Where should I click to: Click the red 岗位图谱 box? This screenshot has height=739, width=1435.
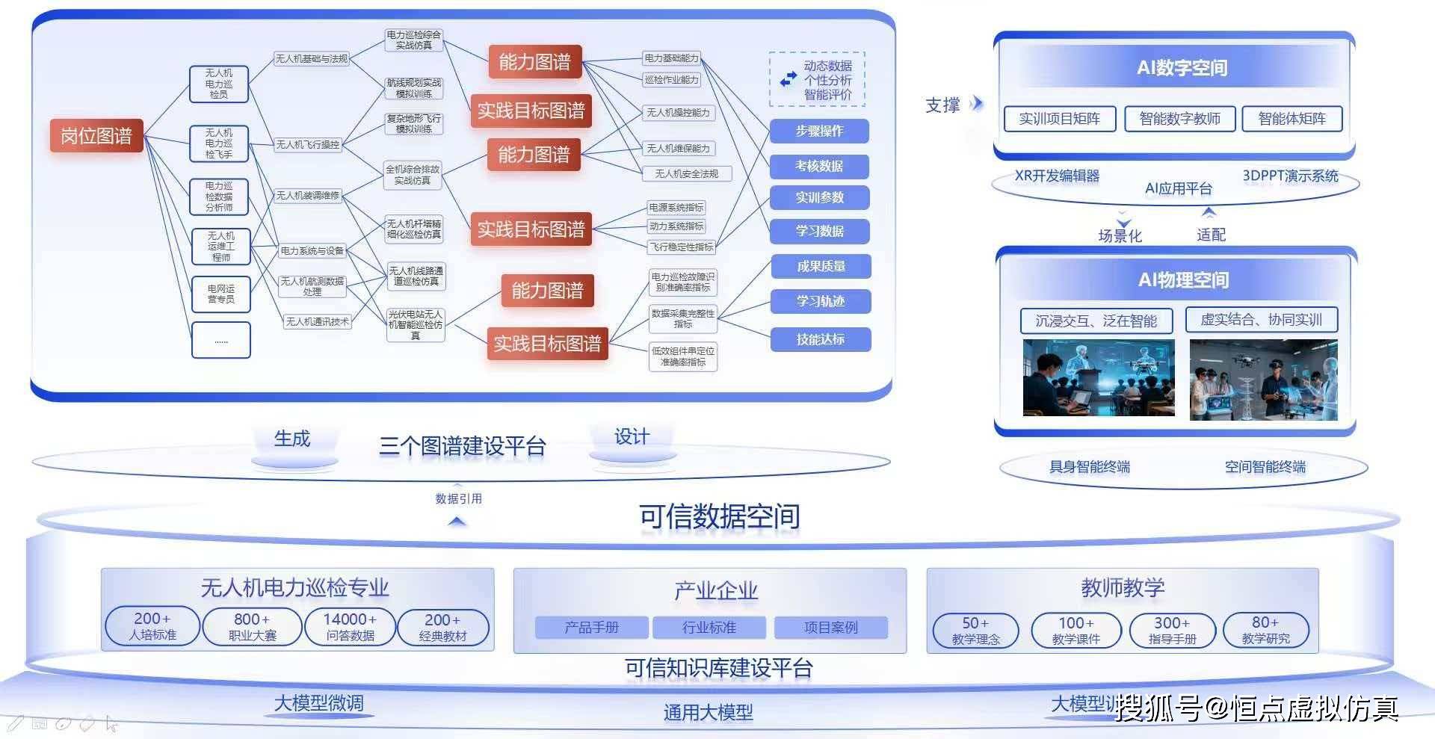coord(96,136)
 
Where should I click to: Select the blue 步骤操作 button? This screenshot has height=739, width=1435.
coord(819,132)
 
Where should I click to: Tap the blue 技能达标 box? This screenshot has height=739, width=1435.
coord(820,339)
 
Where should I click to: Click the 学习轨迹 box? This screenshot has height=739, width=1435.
coord(820,301)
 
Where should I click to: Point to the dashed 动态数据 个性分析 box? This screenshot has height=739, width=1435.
coord(817,80)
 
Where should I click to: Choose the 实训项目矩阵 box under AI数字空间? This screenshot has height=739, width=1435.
coord(1059,119)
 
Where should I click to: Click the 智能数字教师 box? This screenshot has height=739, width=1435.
coord(1179,119)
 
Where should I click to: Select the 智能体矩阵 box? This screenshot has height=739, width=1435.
coord(1291,119)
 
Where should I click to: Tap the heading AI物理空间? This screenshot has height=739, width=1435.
coord(1183,280)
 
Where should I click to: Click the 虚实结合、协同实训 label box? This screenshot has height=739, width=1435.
coord(1261,320)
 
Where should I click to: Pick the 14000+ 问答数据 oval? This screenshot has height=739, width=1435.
coord(350,627)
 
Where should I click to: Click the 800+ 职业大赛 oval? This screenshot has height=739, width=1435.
coord(252,627)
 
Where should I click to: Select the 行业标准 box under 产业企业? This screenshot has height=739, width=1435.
coord(709,628)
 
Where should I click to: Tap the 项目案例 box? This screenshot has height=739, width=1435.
coord(830,628)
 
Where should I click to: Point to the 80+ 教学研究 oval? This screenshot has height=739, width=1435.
coord(1265,630)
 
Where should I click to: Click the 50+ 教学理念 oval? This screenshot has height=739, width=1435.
coord(975,631)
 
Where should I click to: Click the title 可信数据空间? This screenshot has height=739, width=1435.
coord(719,516)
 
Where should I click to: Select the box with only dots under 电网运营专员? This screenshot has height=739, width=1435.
coord(221,341)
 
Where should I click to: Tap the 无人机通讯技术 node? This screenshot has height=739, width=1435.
coord(317,322)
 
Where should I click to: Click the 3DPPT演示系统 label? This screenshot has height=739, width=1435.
coord(1290,176)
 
